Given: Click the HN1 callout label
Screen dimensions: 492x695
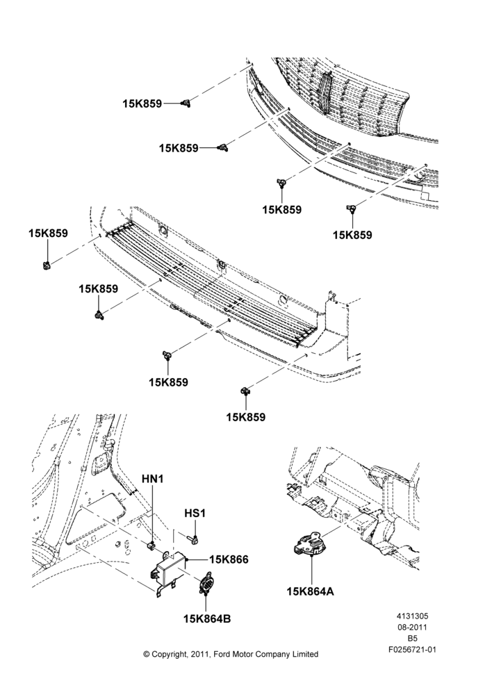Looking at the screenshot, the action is (153, 479).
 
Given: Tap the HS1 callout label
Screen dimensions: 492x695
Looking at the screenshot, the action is (195, 514).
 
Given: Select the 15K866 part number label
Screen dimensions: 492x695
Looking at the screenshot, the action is (229, 559).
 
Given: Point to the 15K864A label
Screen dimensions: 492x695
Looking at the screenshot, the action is (310, 591).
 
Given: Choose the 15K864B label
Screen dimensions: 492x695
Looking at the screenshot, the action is (207, 619).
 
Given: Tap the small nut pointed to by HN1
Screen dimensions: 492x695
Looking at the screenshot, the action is (151, 545).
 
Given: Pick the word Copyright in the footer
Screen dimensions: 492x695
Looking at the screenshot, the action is (169, 655).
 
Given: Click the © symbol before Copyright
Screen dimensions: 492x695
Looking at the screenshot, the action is (147, 654).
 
